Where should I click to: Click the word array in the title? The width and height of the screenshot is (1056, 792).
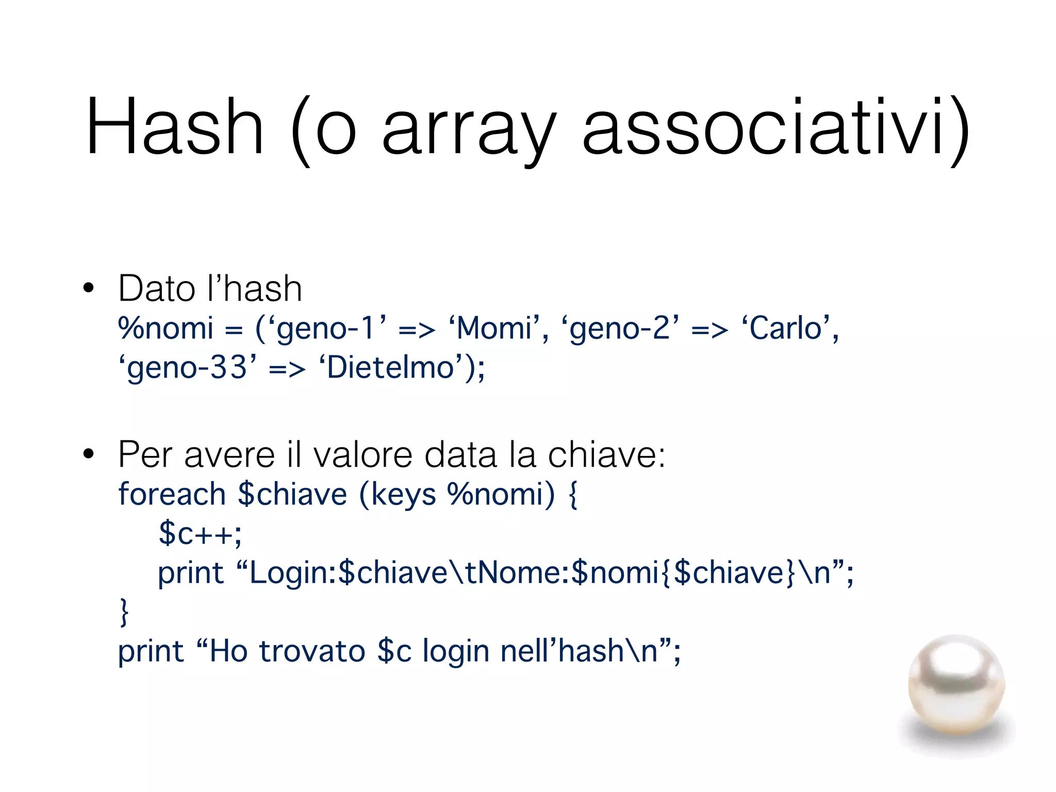coord(469,129)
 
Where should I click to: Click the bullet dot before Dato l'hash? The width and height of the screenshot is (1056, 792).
coord(89,288)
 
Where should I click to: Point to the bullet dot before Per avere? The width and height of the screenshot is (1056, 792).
coord(89,454)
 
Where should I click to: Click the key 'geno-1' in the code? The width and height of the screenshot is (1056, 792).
coord(327,328)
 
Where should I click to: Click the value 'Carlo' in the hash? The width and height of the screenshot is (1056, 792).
coord(786,328)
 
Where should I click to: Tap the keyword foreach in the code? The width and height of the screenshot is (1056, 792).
coord(172,494)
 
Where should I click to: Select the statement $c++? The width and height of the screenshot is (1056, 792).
coord(200,534)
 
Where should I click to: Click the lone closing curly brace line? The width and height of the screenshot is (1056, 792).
coord(124,612)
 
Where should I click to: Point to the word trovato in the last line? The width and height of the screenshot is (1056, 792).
coord(312,651)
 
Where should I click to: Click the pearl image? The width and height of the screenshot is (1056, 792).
coord(956,686)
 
